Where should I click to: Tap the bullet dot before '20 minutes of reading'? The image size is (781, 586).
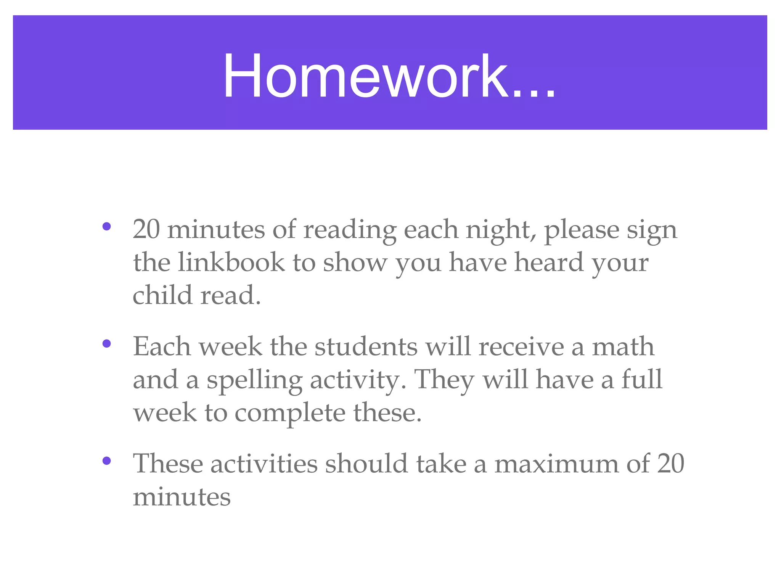click(107, 227)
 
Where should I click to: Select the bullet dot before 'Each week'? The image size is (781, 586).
click(107, 344)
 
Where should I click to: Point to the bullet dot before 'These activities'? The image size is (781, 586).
click(107, 461)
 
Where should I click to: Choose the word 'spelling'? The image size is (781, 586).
click(254, 381)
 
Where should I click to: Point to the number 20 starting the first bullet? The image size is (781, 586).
click(146, 230)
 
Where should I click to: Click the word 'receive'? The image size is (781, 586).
click(521, 347)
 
